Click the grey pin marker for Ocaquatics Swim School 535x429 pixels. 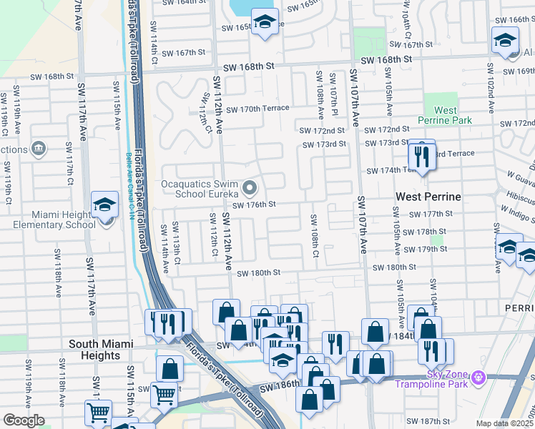(250, 189)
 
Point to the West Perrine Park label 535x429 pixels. (446, 115)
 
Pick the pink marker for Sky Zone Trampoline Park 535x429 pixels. (479, 376)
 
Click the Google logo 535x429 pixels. (24, 420)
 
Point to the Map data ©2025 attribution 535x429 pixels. (505, 423)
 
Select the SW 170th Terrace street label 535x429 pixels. (257, 109)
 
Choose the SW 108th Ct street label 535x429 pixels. (314, 235)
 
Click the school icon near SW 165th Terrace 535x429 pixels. (264, 21)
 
